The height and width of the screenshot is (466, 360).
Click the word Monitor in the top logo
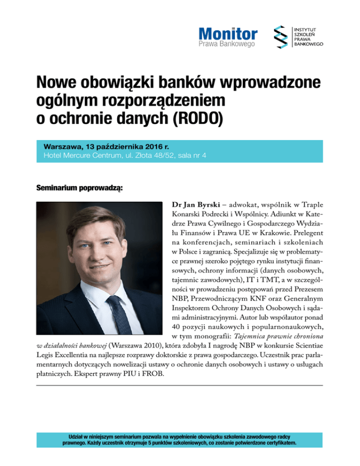click(228, 34)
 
